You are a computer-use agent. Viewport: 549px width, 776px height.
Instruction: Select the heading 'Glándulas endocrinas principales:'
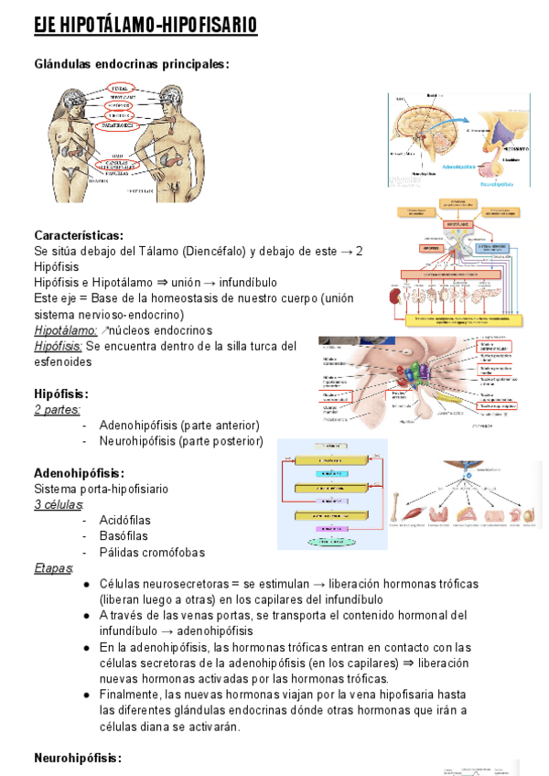pos(131,64)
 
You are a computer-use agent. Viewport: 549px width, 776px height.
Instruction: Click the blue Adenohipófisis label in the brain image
pos(439,167)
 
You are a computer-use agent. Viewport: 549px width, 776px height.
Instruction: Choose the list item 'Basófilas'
pos(124,536)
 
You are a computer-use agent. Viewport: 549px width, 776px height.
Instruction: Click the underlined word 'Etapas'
pos(53,568)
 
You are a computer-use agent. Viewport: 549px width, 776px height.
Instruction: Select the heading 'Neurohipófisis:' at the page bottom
pos(77,758)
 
